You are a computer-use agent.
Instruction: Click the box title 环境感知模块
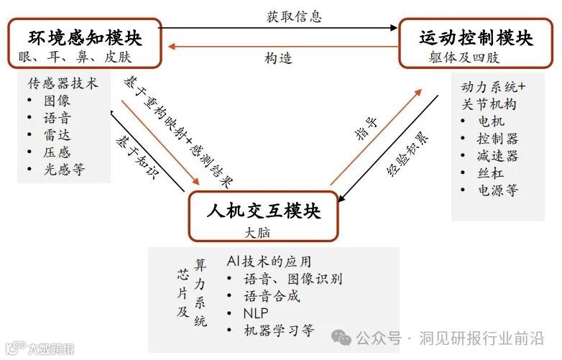(86, 37)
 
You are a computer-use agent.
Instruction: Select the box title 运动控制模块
(476, 37)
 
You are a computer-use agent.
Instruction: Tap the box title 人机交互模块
(263, 211)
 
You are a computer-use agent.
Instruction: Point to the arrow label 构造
(278, 58)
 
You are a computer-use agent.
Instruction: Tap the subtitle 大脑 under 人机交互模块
(257, 233)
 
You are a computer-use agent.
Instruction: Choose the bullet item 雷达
(57, 135)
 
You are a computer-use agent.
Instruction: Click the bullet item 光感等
(64, 170)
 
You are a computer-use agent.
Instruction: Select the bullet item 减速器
(497, 156)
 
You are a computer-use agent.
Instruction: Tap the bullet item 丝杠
(490, 173)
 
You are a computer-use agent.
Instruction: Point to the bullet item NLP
(256, 313)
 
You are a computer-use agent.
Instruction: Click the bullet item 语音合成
(272, 296)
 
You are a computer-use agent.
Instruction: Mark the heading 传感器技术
(63, 83)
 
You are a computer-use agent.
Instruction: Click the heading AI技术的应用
(269, 262)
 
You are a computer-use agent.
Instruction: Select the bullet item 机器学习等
(279, 331)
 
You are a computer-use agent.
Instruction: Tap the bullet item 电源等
(497, 191)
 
